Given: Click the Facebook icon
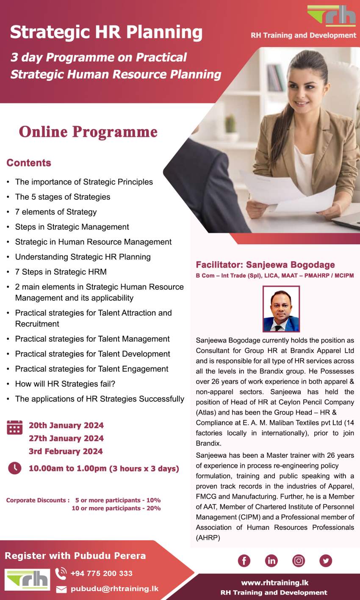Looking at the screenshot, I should [244, 561].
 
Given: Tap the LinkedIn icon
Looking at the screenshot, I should [271, 561].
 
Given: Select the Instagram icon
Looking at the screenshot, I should [299, 561].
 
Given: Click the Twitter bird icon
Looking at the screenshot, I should [326, 561].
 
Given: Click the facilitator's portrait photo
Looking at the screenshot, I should [281, 309].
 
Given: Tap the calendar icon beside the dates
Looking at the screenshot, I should [15, 427].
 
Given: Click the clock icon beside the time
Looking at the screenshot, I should [15, 468].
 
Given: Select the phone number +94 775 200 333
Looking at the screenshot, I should [101, 573].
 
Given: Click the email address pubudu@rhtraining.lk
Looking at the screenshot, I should [114, 589].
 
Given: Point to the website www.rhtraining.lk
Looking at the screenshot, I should [275, 583].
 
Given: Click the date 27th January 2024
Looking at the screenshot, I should [66, 438].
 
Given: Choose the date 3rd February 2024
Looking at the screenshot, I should [66, 451].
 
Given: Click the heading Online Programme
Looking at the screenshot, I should [88, 132].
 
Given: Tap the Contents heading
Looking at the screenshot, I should [29, 163].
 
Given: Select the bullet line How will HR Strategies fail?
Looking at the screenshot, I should [65, 384].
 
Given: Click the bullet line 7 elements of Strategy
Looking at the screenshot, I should [56, 212].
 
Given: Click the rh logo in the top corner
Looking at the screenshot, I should [332, 16].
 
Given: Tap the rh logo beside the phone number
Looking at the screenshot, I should [28, 580].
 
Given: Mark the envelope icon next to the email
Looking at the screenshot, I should [61, 589].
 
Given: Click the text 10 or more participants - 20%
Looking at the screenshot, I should [116, 508].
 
